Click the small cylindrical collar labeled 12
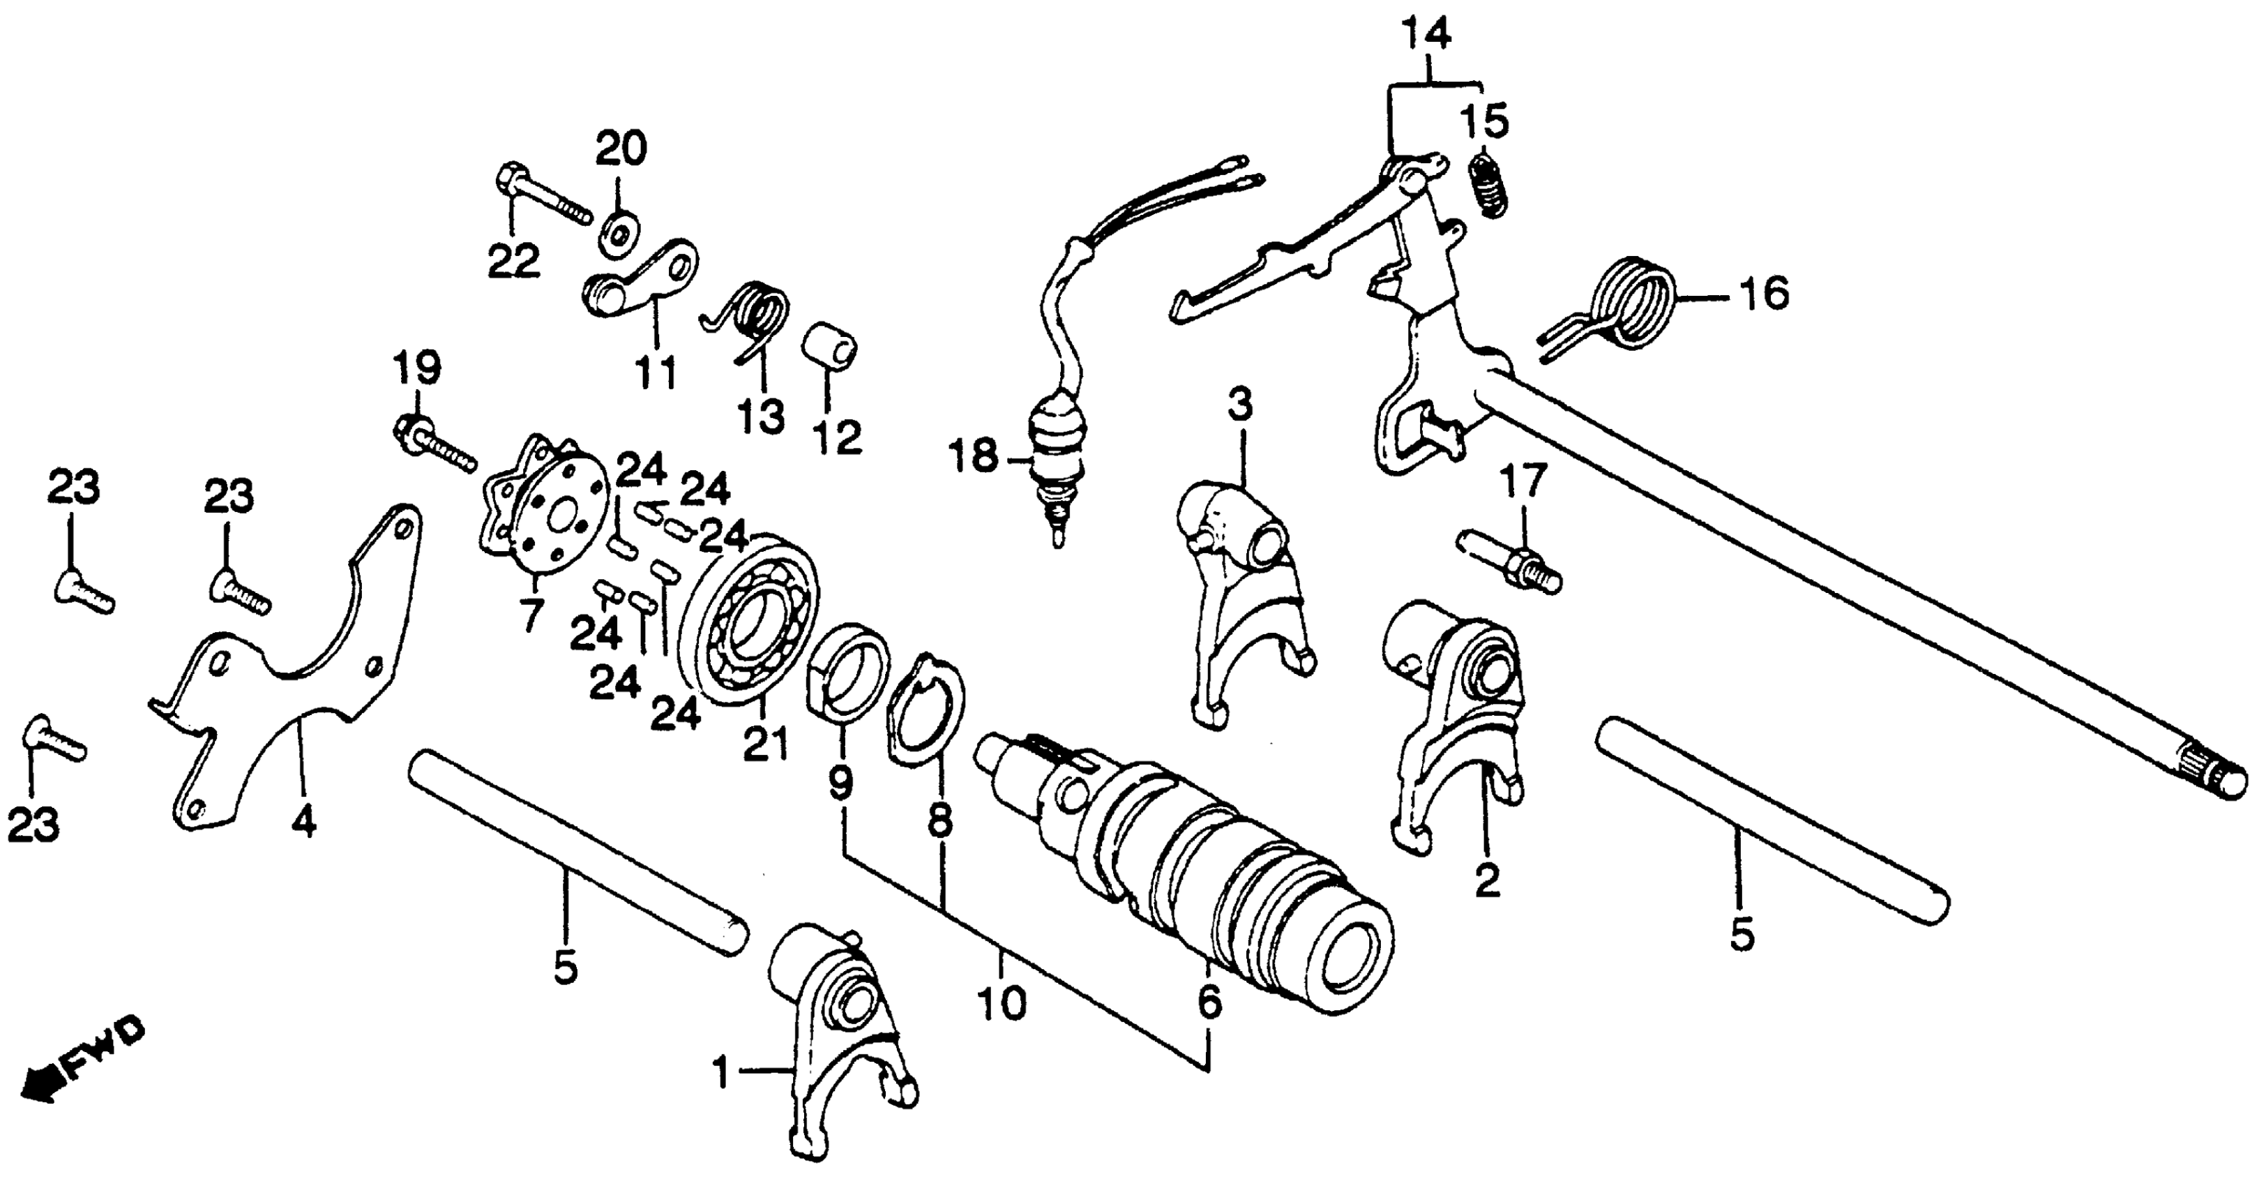click(829, 350)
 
